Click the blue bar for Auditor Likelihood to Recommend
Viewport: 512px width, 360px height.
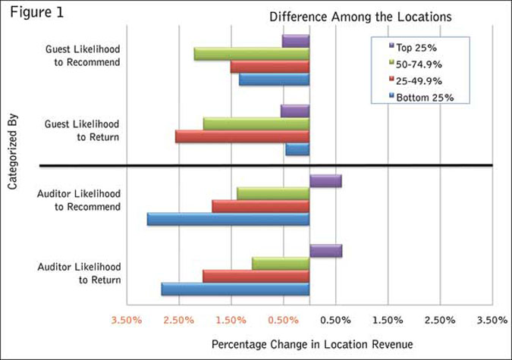[228, 219]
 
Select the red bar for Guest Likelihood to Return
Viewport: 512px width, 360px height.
[242, 136]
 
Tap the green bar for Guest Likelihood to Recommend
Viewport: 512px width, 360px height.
[252, 54]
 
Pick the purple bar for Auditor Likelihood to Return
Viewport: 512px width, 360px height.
[326, 251]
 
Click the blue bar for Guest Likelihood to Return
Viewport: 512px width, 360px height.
[297, 149]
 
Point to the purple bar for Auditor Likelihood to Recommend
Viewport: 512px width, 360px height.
[325, 180]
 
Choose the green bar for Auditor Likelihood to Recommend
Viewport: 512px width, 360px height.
[273, 193]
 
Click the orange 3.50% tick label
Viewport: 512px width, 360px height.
[126, 320]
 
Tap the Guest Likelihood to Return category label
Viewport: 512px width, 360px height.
[82, 130]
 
